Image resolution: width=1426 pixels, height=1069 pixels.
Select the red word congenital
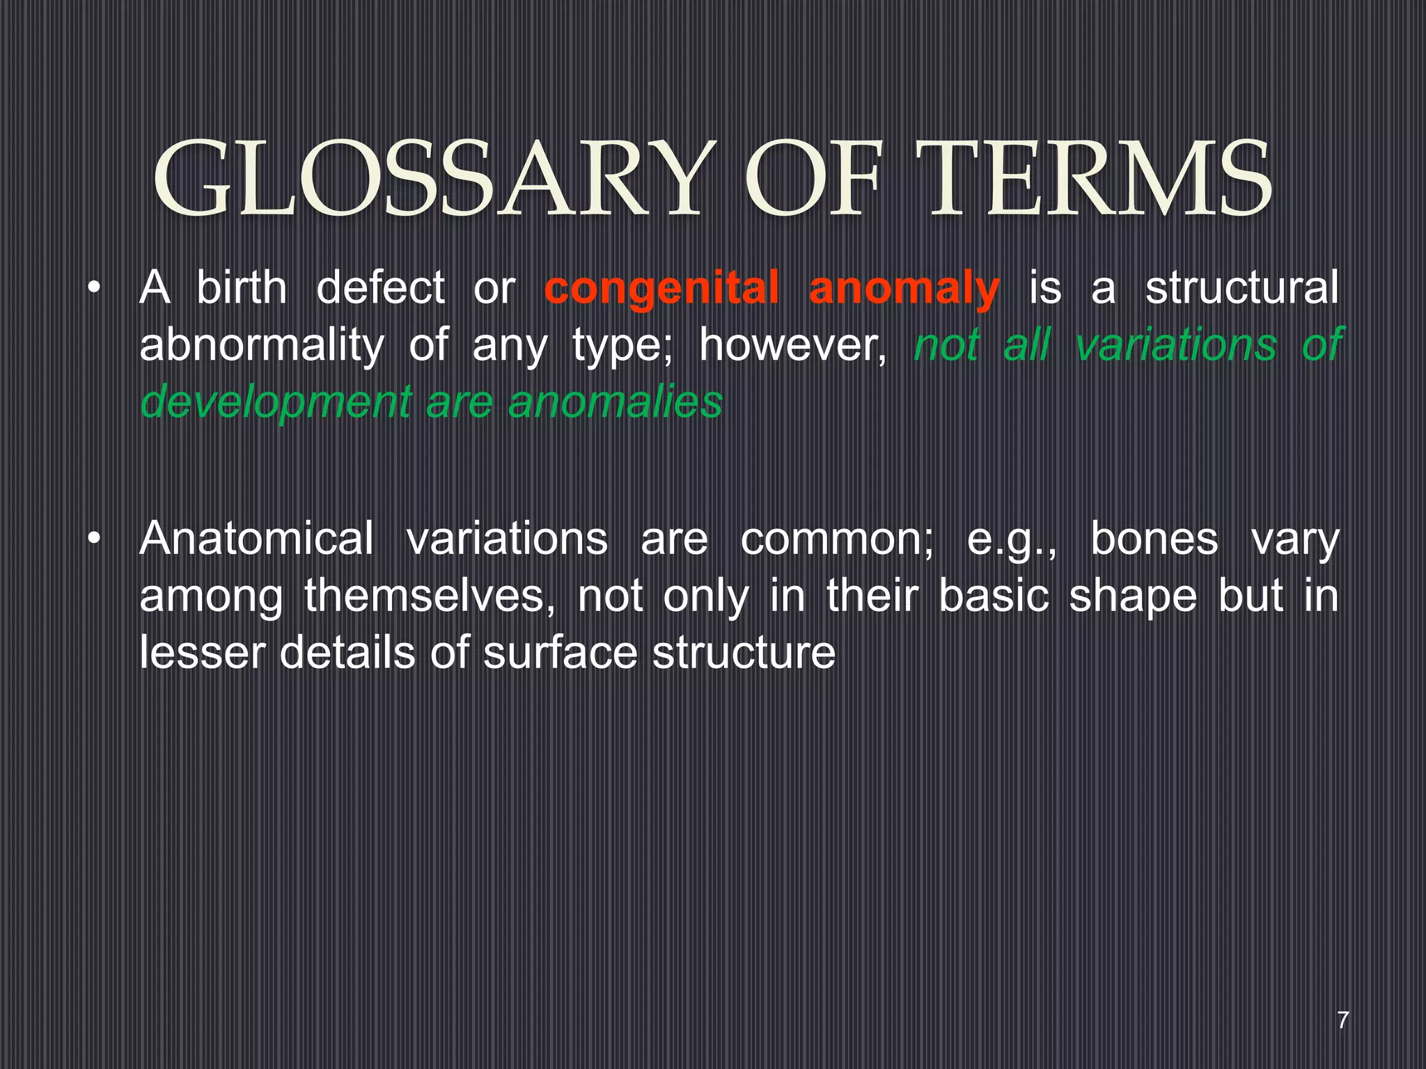click(661, 289)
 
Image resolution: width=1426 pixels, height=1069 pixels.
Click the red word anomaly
click(904, 289)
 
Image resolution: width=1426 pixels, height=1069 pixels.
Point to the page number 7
click(1343, 1020)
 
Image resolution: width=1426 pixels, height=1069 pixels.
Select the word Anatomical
click(256, 539)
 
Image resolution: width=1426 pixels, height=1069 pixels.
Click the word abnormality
click(261, 346)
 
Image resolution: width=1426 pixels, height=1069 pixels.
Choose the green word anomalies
click(616, 403)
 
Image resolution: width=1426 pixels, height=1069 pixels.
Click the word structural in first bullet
click(1241, 289)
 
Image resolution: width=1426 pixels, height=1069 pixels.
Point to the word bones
click(1154, 539)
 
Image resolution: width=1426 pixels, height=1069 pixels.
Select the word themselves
click(429, 596)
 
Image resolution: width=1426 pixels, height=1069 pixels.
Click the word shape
click(1132, 596)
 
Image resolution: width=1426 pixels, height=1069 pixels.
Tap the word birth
click(241, 289)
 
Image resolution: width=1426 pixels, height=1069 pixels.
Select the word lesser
click(203, 654)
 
